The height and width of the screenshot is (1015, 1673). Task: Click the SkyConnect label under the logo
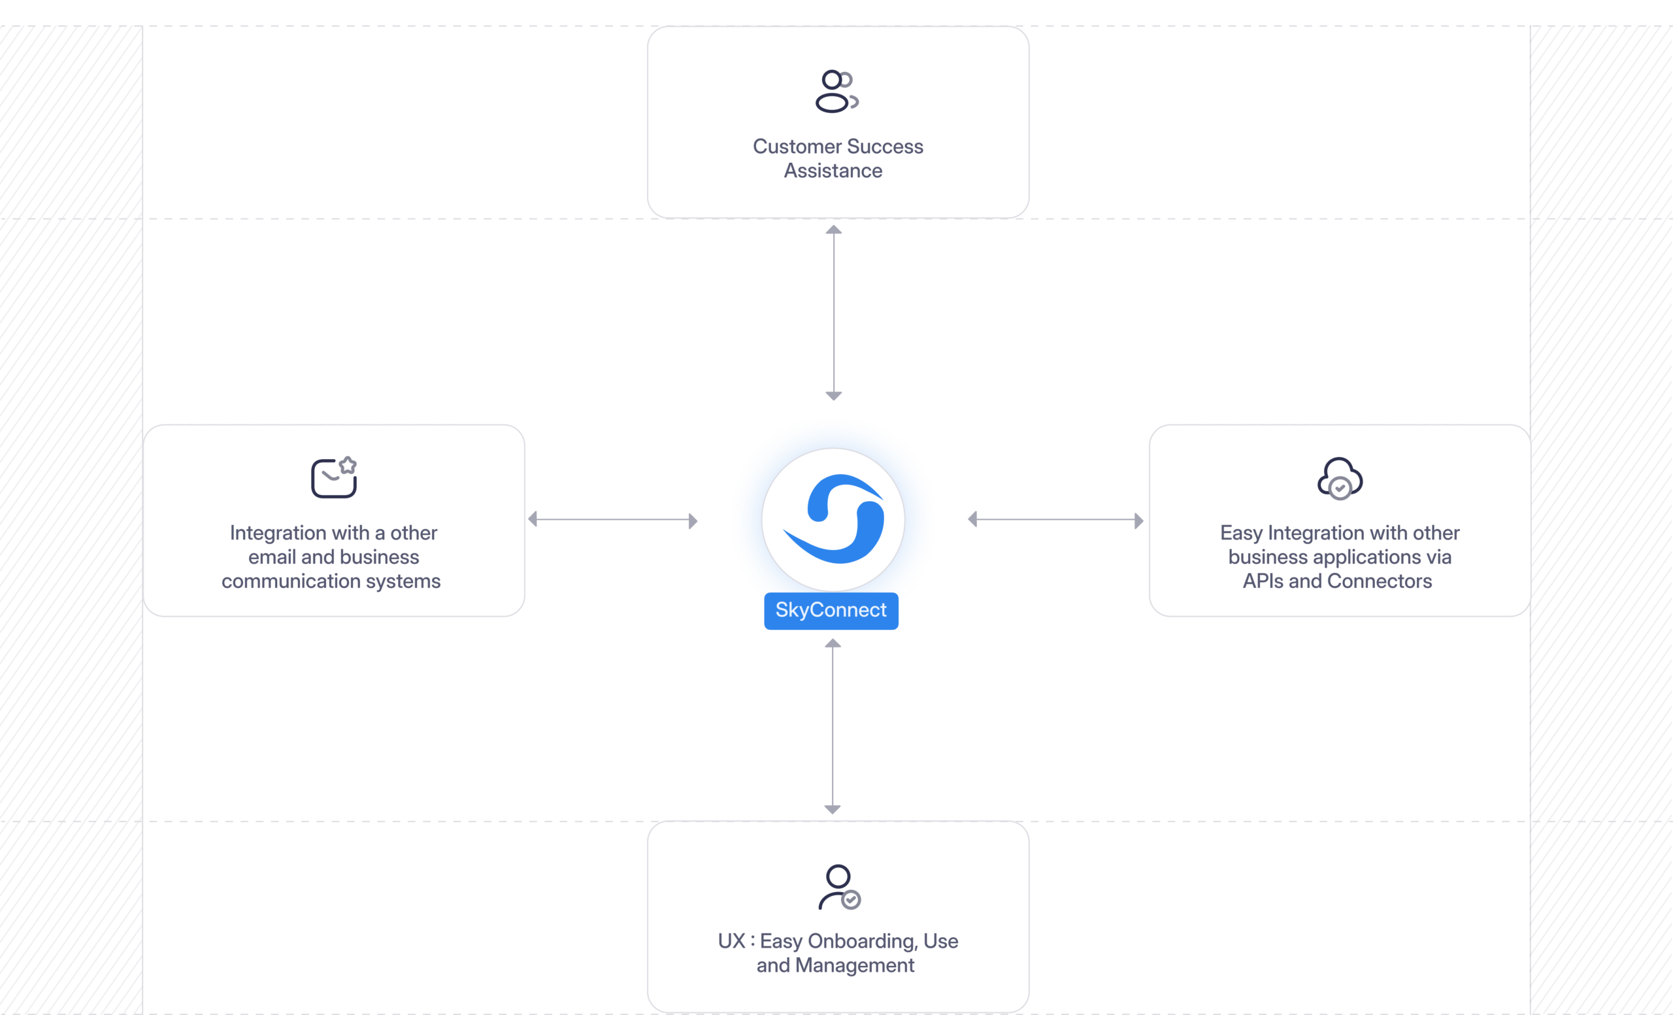pos(831,610)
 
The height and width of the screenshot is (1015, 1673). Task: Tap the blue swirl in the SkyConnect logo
pos(834,520)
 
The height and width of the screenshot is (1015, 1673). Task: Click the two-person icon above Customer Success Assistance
pos(836,91)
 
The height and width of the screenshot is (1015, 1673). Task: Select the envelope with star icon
pos(334,477)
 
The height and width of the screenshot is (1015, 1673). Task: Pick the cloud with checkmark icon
pos(1340,479)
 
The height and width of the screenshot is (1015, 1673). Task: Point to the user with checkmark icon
pos(838,887)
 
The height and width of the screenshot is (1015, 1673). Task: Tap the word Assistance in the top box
pos(833,171)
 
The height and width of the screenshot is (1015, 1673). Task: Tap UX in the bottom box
pos(731,942)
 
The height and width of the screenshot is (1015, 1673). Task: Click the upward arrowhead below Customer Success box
pos(834,230)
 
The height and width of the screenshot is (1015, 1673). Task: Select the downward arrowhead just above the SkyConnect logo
pos(834,396)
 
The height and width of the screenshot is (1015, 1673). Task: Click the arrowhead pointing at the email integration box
pos(533,520)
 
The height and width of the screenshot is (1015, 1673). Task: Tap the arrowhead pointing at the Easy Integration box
pos(1138,521)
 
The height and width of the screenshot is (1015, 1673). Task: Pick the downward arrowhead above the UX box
pos(833,809)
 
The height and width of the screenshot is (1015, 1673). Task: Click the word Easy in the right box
pos(1241,533)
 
